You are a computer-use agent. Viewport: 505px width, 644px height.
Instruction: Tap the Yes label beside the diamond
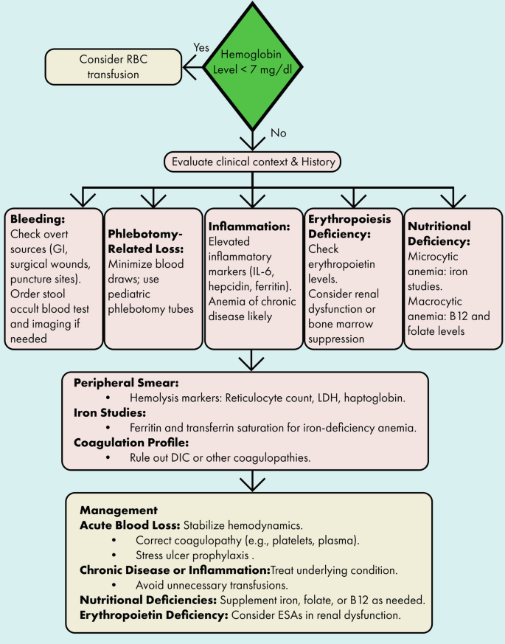[x=201, y=46]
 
